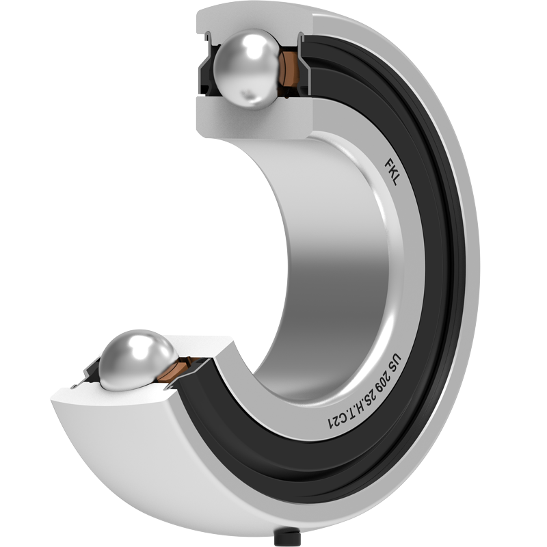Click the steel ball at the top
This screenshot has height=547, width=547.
click(x=246, y=69)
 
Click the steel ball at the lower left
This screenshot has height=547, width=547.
click(x=138, y=360)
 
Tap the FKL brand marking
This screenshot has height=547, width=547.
click(x=392, y=172)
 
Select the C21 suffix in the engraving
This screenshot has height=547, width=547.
click(x=334, y=422)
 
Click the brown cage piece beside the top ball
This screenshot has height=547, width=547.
click(x=288, y=69)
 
